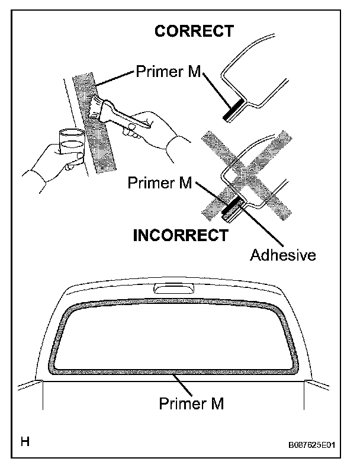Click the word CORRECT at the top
[194, 31]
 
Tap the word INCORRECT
[180, 235]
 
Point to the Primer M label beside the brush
[169, 72]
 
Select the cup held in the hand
[72, 145]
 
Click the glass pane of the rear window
[172, 338]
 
